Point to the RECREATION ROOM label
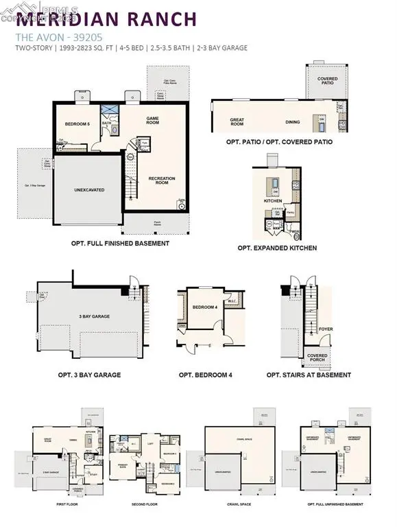pos(162,180)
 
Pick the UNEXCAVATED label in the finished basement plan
pos(89,189)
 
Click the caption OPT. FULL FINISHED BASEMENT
pos(120,243)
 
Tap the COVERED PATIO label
pos(327,81)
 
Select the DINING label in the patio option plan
pos(293,121)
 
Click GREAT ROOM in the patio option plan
pos(237,121)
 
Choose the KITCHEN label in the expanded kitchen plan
pos(274,202)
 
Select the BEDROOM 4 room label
pos(205,307)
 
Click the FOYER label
pos(326,329)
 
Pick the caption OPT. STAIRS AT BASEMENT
pos(309,375)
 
